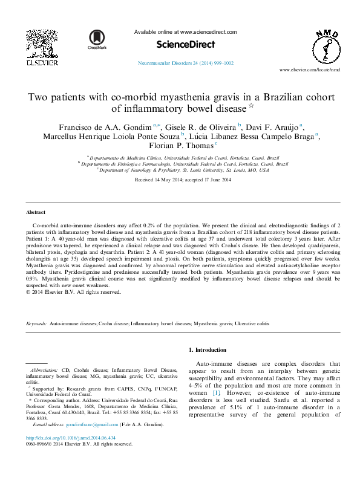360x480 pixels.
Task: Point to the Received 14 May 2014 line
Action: coord(180,180)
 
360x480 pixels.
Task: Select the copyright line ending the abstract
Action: coord(73,291)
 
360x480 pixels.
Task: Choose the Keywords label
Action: coord(37,325)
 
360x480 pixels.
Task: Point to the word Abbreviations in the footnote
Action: coord(44,369)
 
